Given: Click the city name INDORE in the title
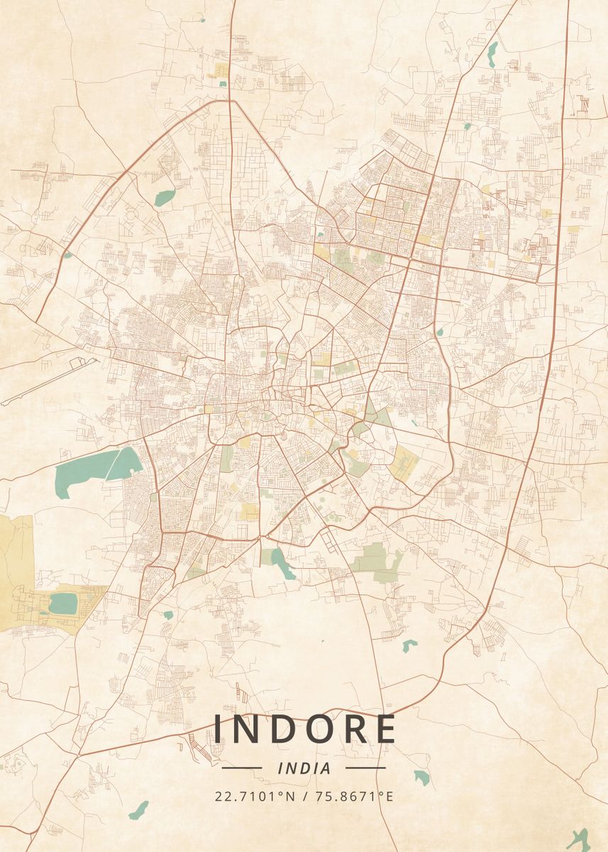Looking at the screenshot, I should pyautogui.click(x=304, y=729).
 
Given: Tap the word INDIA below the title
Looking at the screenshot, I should pyautogui.click(x=304, y=768).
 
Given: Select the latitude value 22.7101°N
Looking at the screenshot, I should pyautogui.click(x=255, y=795).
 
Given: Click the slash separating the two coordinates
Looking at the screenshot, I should pyautogui.click(x=304, y=795).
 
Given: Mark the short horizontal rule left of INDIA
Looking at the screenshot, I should pyautogui.click(x=242, y=768).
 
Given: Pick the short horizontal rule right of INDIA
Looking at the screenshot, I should pyautogui.click(x=365, y=768).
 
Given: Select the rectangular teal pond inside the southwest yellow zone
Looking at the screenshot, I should pyautogui.click(x=63, y=603).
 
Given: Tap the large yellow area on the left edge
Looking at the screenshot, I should pyautogui.click(x=16, y=561).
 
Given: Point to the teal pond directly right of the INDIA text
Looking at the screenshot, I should pyautogui.click(x=422, y=777).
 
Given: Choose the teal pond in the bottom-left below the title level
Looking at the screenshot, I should pyautogui.click(x=139, y=810).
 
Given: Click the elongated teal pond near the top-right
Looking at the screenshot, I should pyautogui.click(x=492, y=54).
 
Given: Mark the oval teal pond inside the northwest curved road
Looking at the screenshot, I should pyautogui.click(x=165, y=197).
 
